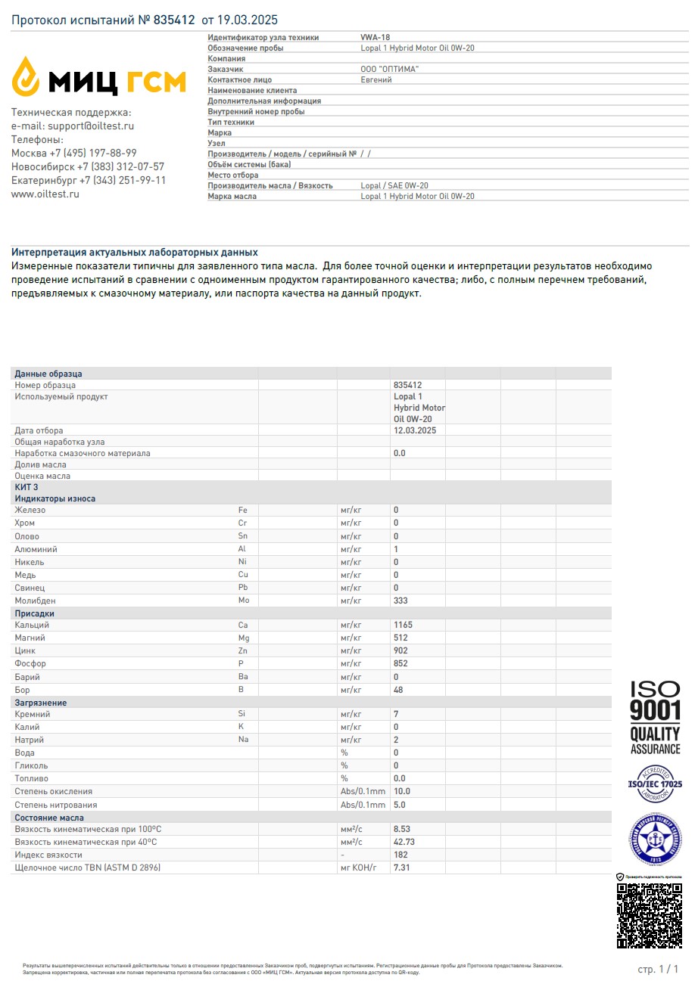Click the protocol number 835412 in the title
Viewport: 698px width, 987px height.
174,20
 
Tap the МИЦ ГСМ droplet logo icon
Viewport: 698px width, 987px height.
27,76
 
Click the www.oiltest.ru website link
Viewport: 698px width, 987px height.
45,194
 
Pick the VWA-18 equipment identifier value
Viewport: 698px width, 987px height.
375,37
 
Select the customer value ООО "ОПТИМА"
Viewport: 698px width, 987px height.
390,69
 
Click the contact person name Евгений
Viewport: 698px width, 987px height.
376,79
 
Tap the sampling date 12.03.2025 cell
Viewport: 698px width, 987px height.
415,430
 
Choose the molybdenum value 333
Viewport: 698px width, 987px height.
400,601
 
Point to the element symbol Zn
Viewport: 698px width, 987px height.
243,651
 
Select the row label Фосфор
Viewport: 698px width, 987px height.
31,664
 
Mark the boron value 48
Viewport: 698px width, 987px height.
398,690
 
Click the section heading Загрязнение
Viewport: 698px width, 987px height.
41,703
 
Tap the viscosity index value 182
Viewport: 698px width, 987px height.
400,855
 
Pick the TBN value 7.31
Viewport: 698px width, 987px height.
402,868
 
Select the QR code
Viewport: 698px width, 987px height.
650,916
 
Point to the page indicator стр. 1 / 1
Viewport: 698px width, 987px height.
658,969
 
